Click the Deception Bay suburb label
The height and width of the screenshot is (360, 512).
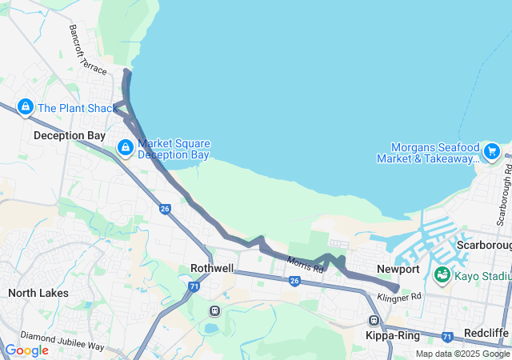[x=70, y=136]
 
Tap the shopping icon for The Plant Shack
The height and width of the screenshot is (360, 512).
[x=26, y=107]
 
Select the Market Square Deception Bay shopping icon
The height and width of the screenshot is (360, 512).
[x=126, y=148]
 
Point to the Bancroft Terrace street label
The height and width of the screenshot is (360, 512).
[x=86, y=50]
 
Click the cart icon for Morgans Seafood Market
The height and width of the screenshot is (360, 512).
[x=491, y=150]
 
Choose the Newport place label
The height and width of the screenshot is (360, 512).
[x=398, y=270]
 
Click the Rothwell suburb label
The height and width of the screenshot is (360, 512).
[x=212, y=269]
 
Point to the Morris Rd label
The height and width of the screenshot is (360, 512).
[x=306, y=263]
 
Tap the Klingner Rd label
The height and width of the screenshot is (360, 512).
[x=400, y=298]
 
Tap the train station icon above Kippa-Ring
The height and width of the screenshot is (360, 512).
[x=374, y=321]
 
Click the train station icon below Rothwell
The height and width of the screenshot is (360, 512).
[x=214, y=310]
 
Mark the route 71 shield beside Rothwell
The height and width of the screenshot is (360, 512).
[x=194, y=286]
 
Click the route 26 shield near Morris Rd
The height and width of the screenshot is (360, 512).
[x=294, y=281]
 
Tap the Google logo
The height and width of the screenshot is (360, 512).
[x=26, y=350]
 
